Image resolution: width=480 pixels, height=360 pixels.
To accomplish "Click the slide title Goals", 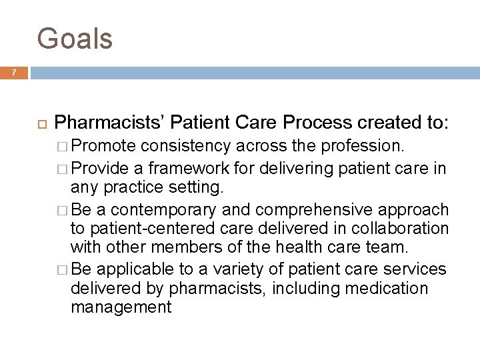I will pos(75,38).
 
